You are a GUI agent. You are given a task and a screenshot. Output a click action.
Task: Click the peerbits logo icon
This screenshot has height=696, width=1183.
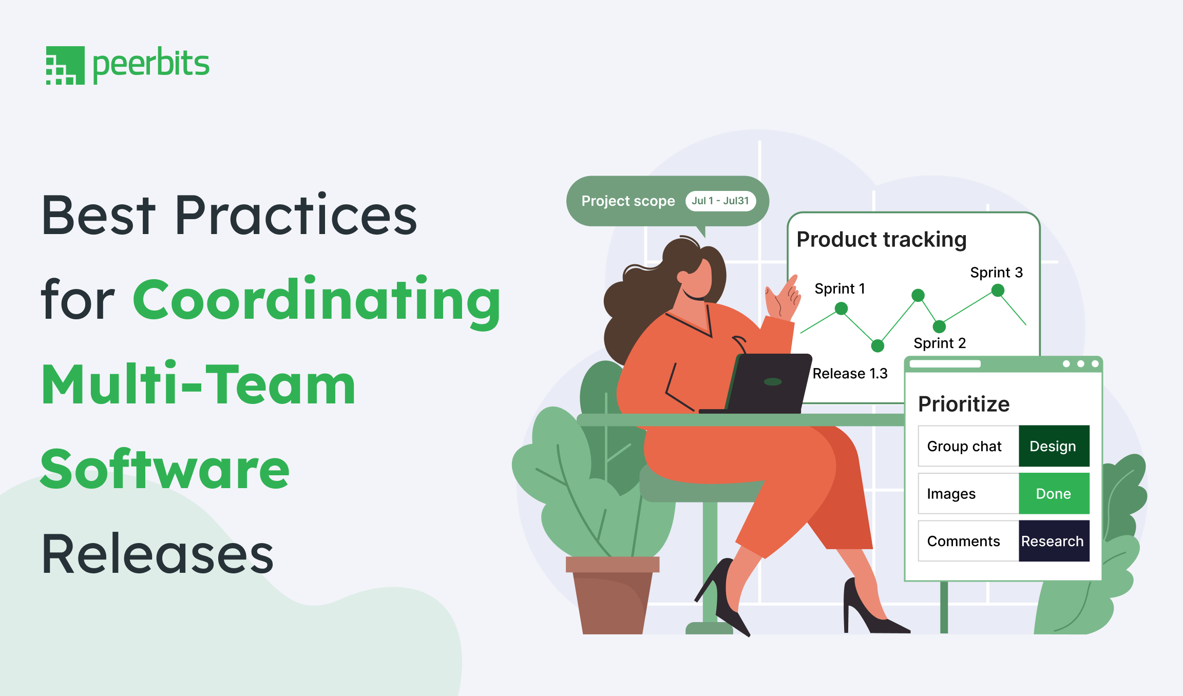pyautogui.click(x=65, y=65)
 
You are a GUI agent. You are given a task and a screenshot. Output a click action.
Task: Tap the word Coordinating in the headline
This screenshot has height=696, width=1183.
pyautogui.click(x=317, y=302)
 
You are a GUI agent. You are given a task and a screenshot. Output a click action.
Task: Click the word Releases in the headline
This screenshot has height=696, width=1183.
pyautogui.click(x=158, y=554)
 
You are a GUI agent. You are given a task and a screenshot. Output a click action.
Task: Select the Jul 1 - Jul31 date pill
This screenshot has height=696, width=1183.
pyautogui.click(x=720, y=201)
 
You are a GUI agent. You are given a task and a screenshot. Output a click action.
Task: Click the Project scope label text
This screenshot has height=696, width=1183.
pyautogui.click(x=628, y=201)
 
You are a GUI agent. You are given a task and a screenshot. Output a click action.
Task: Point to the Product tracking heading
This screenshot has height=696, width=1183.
pyautogui.click(x=881, y=240)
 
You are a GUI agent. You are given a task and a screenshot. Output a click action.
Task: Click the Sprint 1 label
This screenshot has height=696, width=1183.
pyautogui.click(x=839, y=288)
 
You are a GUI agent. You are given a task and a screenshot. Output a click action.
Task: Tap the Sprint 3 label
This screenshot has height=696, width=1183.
pyautogui.click(x=996, y=273)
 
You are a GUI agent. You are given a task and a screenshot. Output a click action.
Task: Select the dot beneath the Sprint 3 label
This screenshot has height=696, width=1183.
pyautogui.click(x=997, y=291)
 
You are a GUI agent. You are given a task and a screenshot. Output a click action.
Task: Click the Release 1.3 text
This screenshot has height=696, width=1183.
pyautogui.click(x=850, y=374)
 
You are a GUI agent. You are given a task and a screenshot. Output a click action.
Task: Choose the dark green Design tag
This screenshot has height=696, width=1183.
pyautogui.click(x=1054, y=446)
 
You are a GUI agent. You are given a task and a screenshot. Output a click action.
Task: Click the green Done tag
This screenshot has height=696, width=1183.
pyautogui.click(x=1054, y=494)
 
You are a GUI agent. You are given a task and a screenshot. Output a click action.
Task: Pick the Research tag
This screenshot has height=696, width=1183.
pyautogui.click(x=1054, y=541)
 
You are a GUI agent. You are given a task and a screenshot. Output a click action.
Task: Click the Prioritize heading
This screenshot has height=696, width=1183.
pyautogui.click(x=964, y=404)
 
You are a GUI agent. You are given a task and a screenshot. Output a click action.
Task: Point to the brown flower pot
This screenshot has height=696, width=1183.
pyautogui.click(x=612, y=595)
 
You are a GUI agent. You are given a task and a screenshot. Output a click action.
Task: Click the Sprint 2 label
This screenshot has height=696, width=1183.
pyautogui.click(x=940, y=343)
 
